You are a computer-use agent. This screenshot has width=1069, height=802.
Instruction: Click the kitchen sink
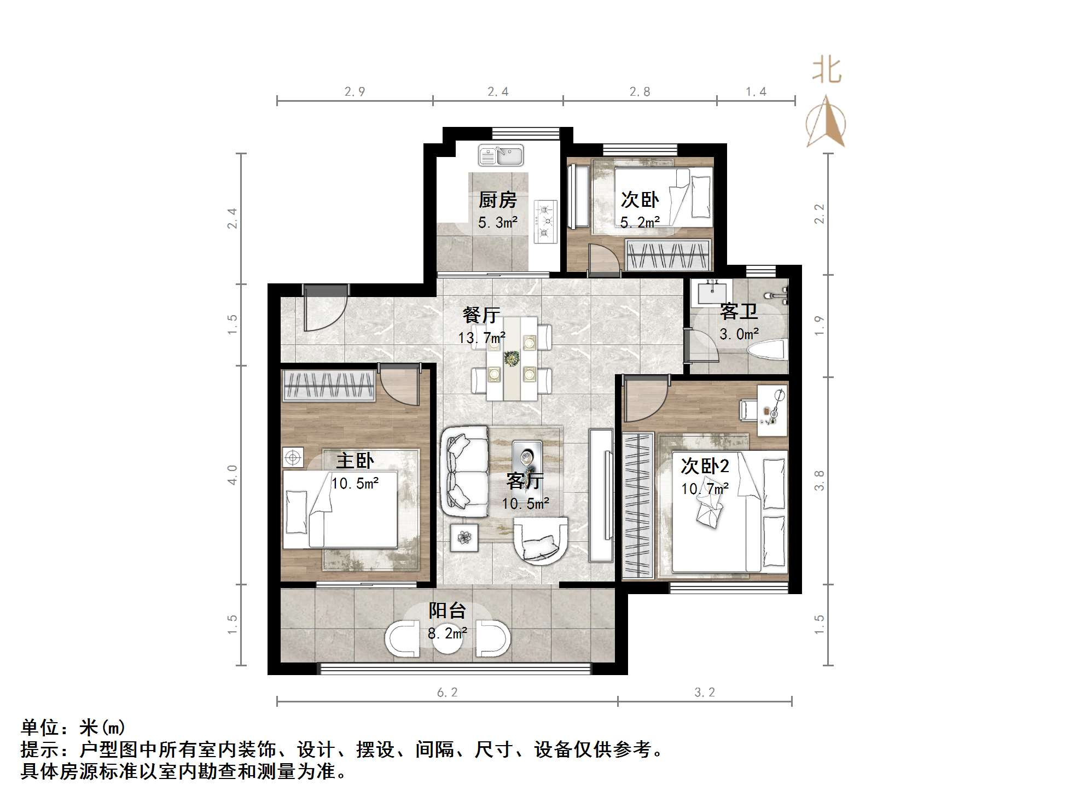coord(501,155)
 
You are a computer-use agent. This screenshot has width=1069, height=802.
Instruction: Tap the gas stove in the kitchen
coord(545,221)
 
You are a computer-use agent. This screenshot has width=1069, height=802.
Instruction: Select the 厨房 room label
coord(497,200)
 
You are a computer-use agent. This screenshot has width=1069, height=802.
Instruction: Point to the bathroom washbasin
coord(711,293)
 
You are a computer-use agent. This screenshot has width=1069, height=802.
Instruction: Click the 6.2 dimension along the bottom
coord(447,693)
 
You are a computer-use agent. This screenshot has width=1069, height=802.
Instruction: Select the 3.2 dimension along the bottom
coord(705,693)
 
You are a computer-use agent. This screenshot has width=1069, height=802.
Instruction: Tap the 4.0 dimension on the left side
coord(233,474)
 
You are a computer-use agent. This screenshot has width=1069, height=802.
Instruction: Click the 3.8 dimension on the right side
coord(819,480)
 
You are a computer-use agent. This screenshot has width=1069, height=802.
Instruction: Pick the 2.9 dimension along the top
coord(355,92)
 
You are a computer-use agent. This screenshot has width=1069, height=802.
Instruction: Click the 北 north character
coord(826,71)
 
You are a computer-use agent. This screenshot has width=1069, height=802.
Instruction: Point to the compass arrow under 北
coord(826,123)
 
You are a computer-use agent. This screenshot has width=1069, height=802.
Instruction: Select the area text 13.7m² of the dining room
coord(481,338)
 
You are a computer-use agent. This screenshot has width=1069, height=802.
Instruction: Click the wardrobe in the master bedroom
coord(328,385)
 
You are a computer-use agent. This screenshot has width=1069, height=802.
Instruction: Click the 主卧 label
coord(355,461)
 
